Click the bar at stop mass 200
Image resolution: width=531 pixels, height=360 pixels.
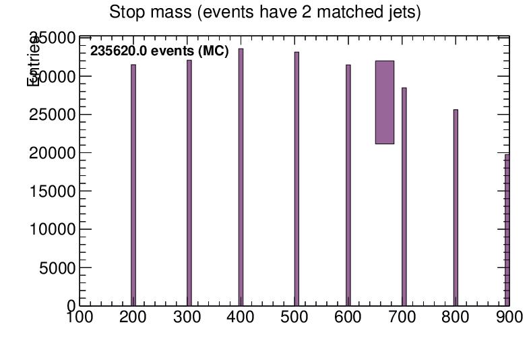pyautogui.click(x=133, y=185)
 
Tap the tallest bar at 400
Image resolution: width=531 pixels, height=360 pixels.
pyautogui.click(x=241, y=177)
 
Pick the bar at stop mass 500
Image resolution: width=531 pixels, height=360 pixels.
pyautogui.click(x=296, y=179)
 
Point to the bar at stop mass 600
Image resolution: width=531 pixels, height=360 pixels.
pyautogui.click(x=348, y=185)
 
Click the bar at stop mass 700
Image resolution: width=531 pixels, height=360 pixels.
pyautogui.click(x=404, y=196)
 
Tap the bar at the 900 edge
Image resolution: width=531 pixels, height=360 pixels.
pyautogui.click(x=507, y=229)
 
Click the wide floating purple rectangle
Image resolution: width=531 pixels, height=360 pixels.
pyautogui.click(x=384, y=102)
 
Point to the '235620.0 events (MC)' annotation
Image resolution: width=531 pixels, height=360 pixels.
pyautogui.click(x=160, y=51)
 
